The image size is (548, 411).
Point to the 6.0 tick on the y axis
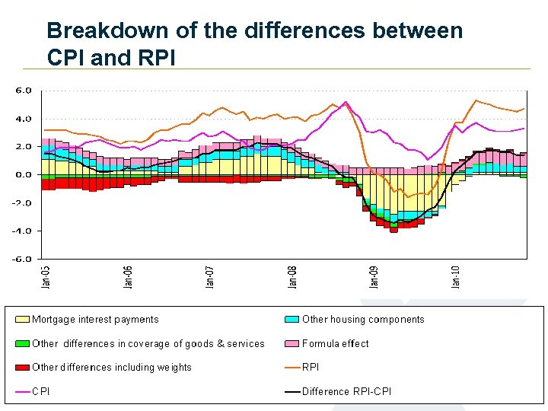24,90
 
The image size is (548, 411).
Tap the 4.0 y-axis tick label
24,118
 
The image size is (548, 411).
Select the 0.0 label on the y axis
24,174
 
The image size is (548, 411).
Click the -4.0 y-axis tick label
23,231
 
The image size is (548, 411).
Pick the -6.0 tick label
23,259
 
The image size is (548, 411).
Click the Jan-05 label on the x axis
46,276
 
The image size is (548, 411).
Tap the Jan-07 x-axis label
210,276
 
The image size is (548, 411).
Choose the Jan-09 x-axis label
374,276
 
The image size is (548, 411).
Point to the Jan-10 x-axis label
457,276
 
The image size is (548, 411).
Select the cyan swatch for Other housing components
292,320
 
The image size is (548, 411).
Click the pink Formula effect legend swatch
292,343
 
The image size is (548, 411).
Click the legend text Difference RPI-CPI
348,392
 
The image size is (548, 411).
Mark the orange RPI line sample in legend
292,368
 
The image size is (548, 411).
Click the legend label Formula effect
336,343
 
